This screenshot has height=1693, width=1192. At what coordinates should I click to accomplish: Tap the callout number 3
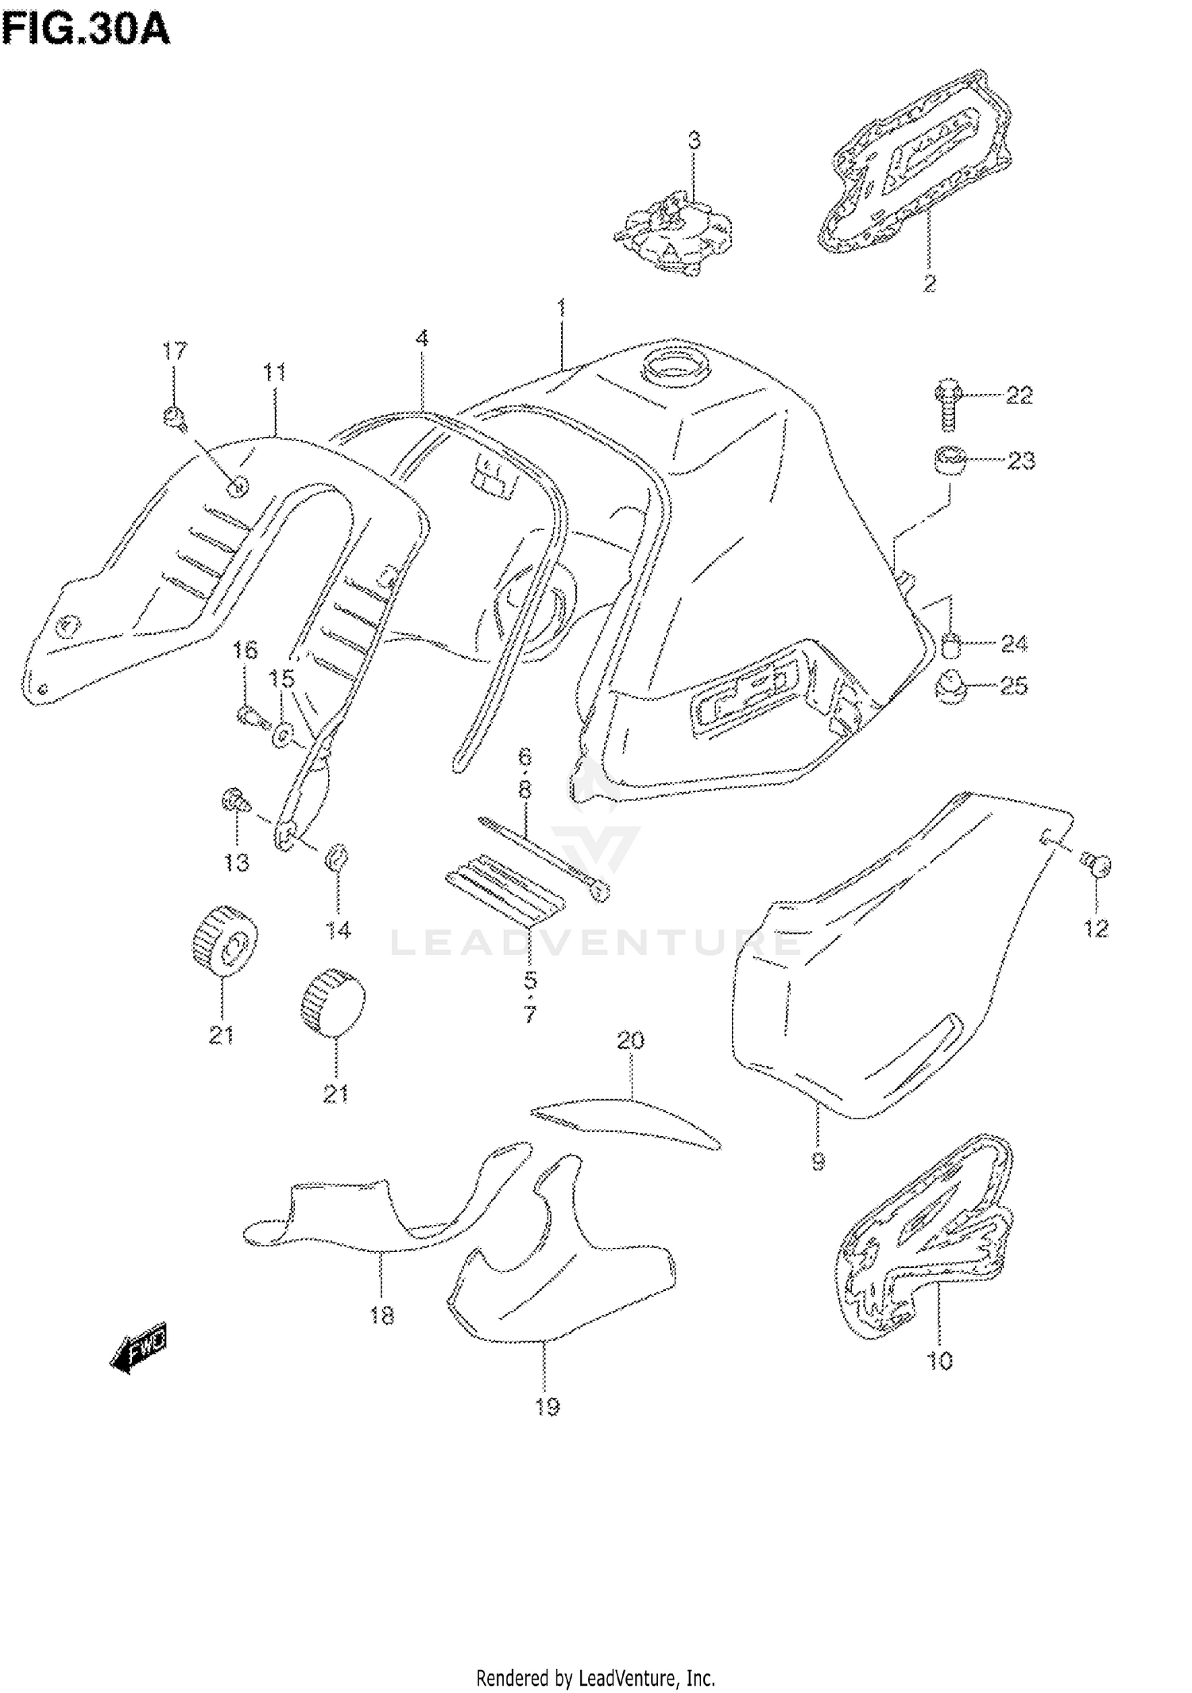pos(694,141)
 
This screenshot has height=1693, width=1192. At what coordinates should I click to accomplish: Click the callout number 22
pos(1018,395)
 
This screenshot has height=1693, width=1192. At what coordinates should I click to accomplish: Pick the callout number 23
pos(1020,460)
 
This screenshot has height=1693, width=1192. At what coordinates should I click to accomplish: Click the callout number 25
pos(1012,685)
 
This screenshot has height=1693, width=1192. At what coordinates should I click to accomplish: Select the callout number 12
pos(1096,927)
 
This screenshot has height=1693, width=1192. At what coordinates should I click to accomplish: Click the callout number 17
pos(175,350)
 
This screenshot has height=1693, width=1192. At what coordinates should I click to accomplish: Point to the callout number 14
pos(339,929)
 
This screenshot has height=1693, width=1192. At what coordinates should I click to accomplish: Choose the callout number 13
pos(236,862)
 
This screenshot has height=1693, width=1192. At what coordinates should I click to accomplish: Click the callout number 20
pos(630,1040)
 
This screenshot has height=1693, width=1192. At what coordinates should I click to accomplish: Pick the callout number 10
pos(939,1361)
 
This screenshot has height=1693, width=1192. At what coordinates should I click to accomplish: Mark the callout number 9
pos(818,1162)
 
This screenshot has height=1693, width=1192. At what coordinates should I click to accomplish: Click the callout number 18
pos(381,1316)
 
